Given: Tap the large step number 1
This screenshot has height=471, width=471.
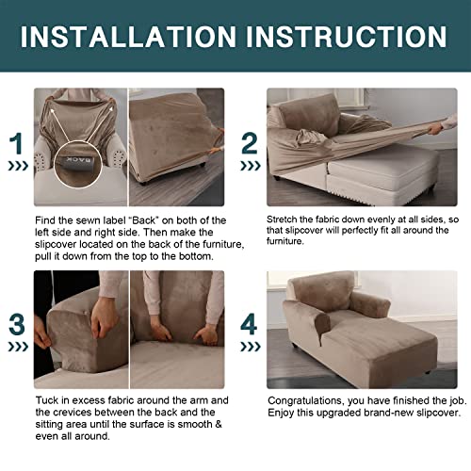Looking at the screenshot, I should pyautogui.click(x=16, y=143).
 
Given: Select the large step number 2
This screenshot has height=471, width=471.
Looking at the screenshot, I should pyautogui.click(x=250, y=143).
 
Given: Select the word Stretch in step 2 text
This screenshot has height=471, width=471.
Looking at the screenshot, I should pyautogui.click(x=285, y=217).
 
